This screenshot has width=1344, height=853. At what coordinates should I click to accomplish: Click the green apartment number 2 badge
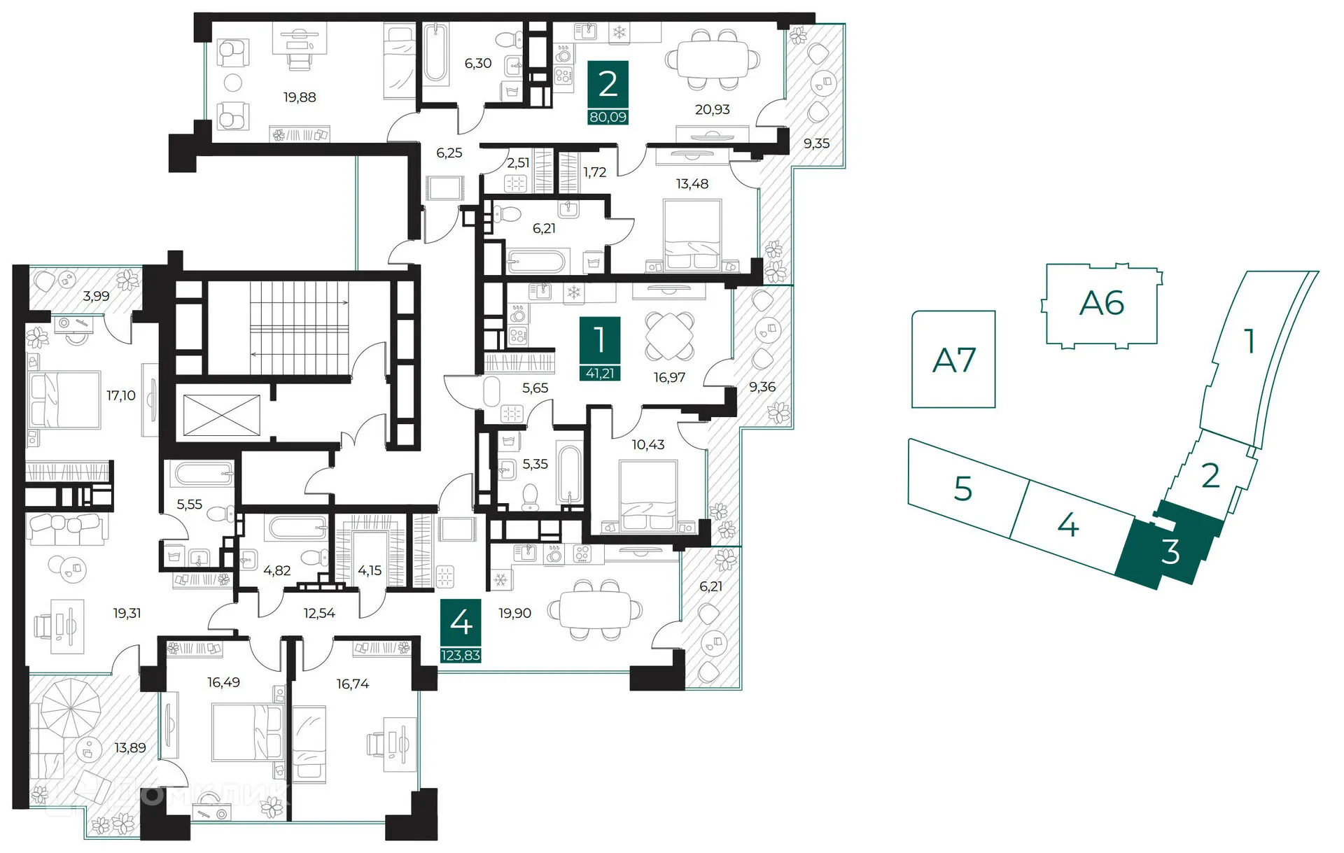tap(608, 85)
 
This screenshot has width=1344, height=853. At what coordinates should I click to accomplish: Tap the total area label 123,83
tap(461, 655)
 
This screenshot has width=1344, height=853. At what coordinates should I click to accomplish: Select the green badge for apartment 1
tap(599, 340)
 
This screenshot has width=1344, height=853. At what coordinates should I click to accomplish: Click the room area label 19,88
tap(300, 97)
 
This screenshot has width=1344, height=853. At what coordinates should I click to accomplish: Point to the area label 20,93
tap(712, 109)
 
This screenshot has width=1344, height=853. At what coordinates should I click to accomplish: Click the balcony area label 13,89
tap(130, 747)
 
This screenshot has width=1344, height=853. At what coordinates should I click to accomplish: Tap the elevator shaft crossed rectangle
tap(221, 415)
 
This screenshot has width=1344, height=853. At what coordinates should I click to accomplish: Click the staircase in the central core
tap(299, 327)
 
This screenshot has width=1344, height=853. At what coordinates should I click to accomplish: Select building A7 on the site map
tap(953, 360)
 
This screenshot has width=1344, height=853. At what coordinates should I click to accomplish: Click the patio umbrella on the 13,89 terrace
tap(70, 707)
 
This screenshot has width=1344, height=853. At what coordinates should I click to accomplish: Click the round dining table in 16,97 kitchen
tap(670, 336)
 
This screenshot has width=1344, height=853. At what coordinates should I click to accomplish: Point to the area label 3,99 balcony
tap(96, 296)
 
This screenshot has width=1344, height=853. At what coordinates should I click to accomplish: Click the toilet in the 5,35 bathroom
tap(530, 498)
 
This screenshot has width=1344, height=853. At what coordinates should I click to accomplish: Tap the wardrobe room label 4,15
tap(370, 570)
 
